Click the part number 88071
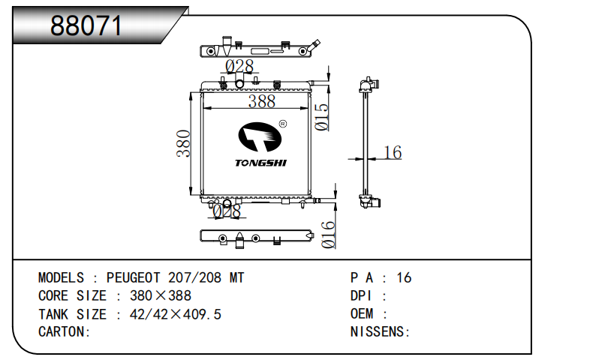pos(86,27)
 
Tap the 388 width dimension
pos(262,101)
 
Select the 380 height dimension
pos(182,144)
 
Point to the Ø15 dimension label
pos(322,118)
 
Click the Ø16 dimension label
pos(328,235)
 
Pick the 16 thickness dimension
pos(393,153)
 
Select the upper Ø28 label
pos(239,67)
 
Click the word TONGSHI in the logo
pos(260,162)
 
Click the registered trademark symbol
pos(282,124)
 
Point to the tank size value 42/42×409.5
pos(176,314)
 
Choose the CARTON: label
pos(65,331)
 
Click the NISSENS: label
pos(380,331)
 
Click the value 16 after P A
pos(404,278)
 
